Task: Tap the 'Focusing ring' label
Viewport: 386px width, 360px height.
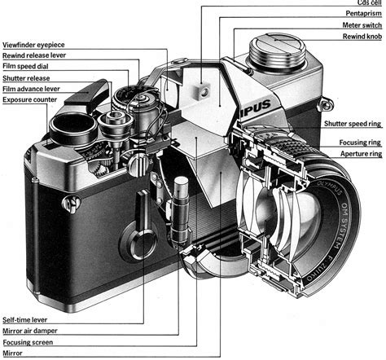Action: point(361,142)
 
